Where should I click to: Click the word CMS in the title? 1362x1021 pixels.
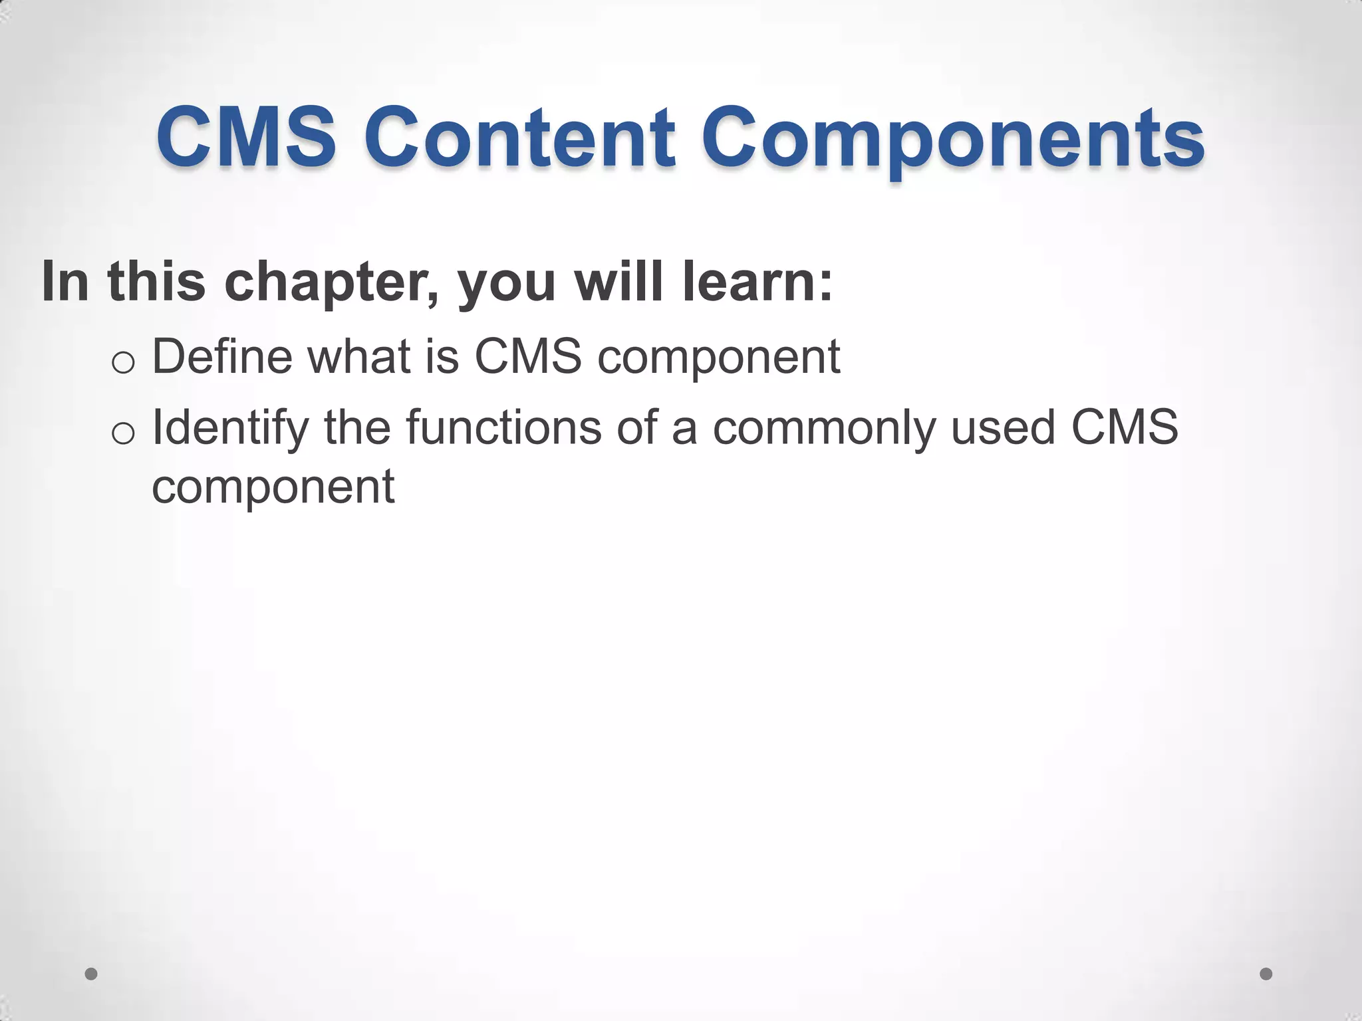click(246, 138)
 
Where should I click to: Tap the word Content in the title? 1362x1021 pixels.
click(520, 138)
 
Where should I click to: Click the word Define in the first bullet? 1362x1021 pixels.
click(222, 357)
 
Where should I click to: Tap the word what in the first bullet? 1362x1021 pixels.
click(358, 357)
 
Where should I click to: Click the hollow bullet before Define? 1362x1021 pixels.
click(124, 363)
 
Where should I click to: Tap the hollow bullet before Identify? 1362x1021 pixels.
click(124, 433)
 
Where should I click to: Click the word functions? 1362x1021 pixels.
click(503, 427)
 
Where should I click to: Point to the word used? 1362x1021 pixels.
click(1003, 427)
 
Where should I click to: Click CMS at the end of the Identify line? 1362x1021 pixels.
click(1124, 427)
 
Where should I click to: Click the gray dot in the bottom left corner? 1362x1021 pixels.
click(91, 974)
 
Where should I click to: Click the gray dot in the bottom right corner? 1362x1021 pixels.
click(1266, 974)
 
